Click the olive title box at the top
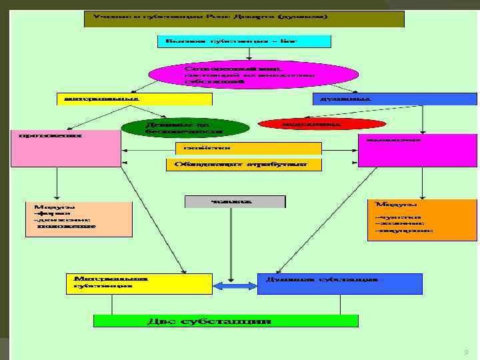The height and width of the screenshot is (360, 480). click(244, 19)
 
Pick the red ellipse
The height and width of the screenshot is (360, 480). click(321, 124)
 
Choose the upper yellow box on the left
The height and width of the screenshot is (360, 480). click(133, 99)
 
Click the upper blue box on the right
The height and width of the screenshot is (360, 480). click(395, 99)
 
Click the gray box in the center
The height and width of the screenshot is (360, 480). click(234, 201)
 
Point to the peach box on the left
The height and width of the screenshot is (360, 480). click(79, 218)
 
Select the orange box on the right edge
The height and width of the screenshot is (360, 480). click(403, 219)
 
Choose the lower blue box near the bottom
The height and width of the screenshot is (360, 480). click(339, 283)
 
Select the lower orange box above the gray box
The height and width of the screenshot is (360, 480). click(243, 164)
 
